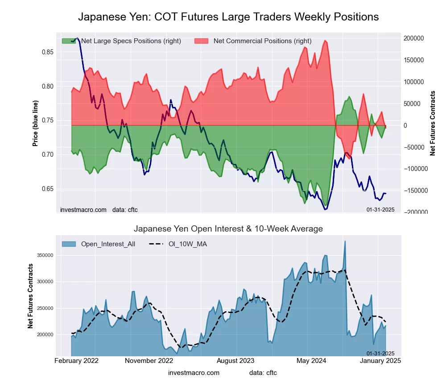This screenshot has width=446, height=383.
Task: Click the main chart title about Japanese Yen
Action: (x=228, y=17)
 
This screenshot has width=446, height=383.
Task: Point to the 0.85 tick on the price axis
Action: (x=47, y=52)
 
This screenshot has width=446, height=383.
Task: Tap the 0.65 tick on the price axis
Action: (x=47, y=189)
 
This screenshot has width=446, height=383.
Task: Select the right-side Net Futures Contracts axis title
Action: (x=432, y=123)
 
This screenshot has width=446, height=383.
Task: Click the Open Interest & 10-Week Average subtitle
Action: (x=228, y=229)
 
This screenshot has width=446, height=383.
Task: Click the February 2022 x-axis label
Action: (x=76, y=360)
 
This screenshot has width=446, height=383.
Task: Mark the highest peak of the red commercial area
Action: (x=325, y=41)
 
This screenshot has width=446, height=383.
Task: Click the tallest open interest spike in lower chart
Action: (x=345, y=241)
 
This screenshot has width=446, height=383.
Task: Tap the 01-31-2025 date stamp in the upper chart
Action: (x=380, y=209)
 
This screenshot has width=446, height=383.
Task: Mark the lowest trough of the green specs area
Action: (x=325, y=205)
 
